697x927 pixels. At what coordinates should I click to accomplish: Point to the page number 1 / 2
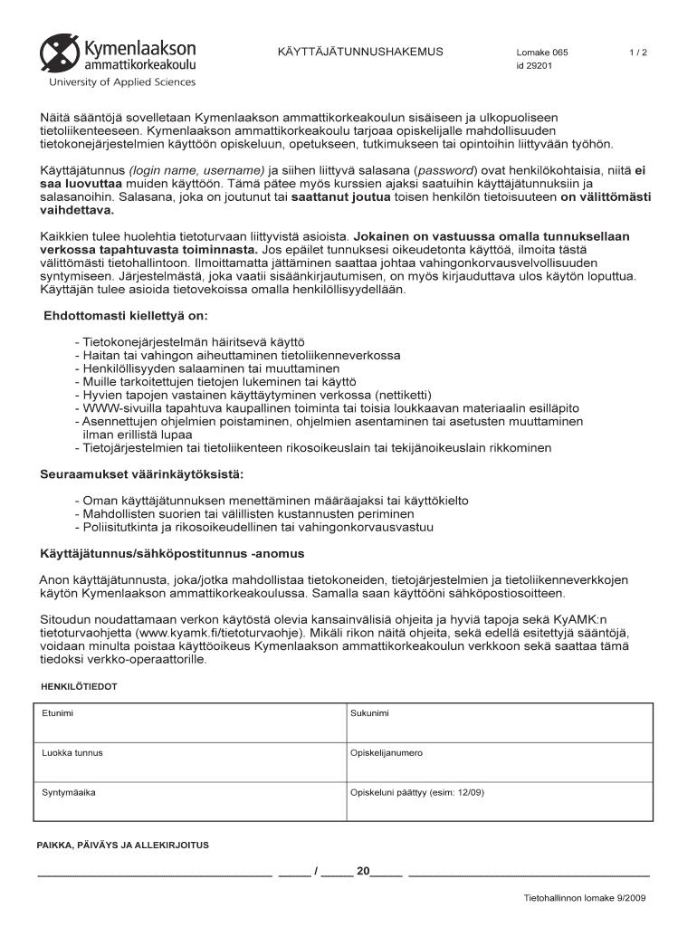click(638, 53)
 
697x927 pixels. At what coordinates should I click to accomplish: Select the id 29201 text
click(534, 66)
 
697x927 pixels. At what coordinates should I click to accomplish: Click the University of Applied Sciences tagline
click(122, 82)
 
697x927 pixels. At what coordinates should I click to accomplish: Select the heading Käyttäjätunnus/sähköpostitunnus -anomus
click(172, 553)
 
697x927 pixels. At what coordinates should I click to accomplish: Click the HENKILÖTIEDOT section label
click(79, 687)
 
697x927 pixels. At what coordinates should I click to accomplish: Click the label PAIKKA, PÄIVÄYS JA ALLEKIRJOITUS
click(122, 846)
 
